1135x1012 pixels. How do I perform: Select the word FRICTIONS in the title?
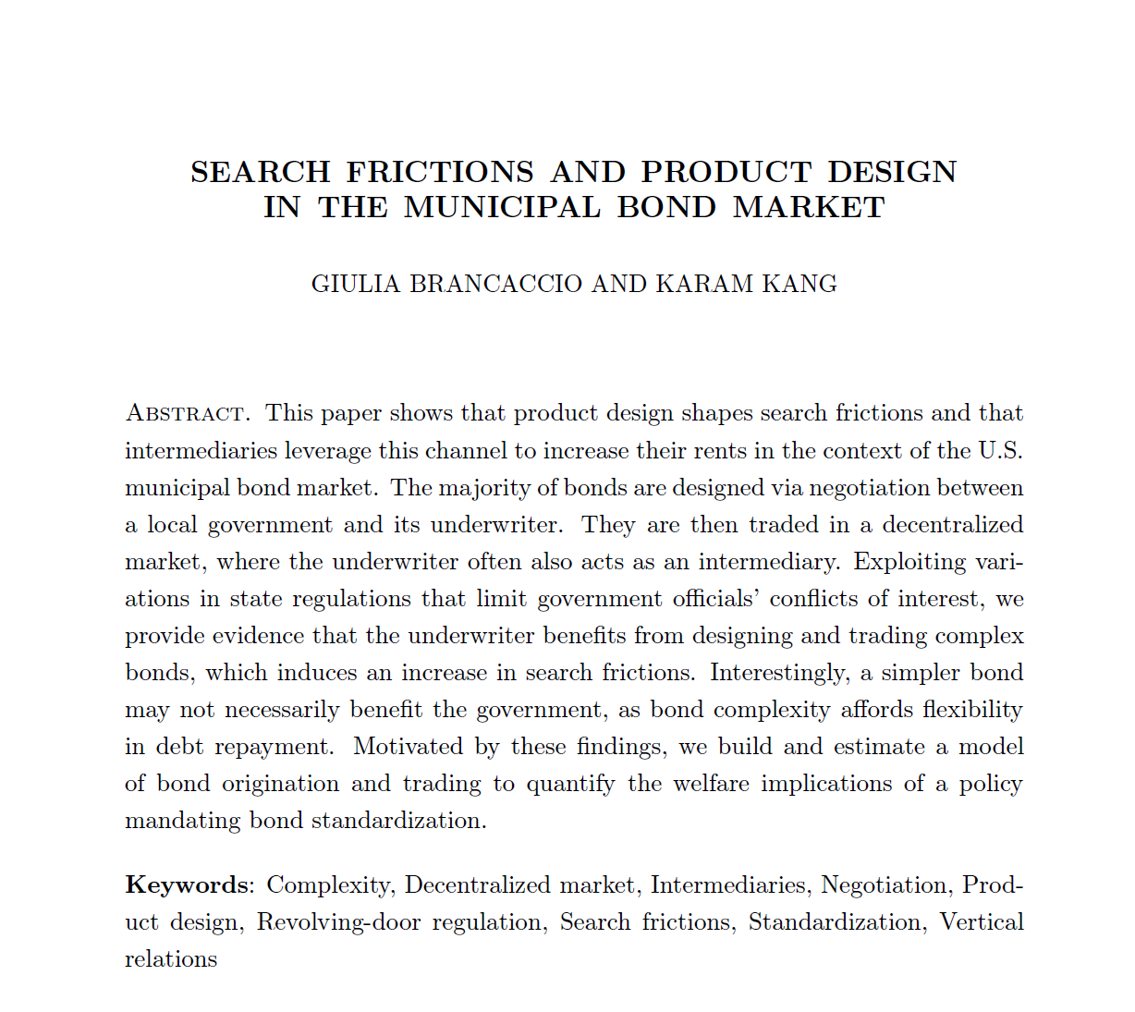pyautogui.click(x=440, y=172)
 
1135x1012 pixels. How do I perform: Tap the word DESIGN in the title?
pyautogui.click(x=892, y=172)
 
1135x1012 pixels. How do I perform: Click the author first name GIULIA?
pyautogui.click(x=356, y=284)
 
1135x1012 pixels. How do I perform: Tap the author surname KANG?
pyautogui.click(x=799, y=284)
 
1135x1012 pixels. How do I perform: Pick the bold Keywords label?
pyautogui.click(x=186, y=885)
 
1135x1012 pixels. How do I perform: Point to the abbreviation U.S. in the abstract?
pyautogui.click(x=999, y=451)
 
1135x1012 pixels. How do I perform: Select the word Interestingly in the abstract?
pyautogui.click(x=778, y=673)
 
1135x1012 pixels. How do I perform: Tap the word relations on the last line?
pyautogui.click(x=171, y=959)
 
